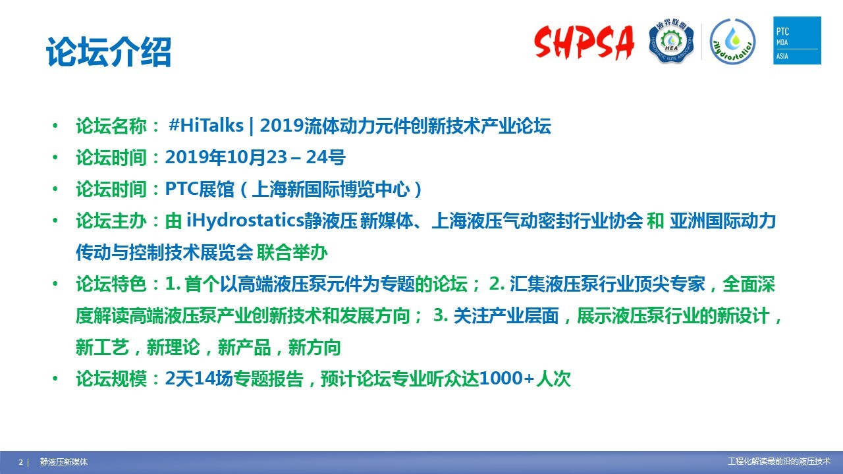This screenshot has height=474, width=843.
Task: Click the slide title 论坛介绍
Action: pyautogui.click(x=109, y=52)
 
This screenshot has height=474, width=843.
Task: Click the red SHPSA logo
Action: pyautogui.click(x=584, y=42)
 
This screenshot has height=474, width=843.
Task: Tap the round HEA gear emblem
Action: pyautogui.click(x=671, y=41)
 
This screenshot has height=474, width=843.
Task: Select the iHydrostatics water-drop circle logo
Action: pyautogui.click(x=732, y=41)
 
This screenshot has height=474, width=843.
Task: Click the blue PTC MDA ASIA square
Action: pyautogui.click(x=797, y=40)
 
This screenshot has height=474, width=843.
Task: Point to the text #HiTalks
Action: pyautogui.click(x=206, y=125)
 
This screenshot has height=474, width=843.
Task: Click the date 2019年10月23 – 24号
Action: pyautogui.click(x=255, y=157)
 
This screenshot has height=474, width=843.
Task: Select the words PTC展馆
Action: pyautogui.click(x=200, y=189)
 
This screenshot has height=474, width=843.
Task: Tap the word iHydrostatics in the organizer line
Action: pyautogui.click(x=245, y=221)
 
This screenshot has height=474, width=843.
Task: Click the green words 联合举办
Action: pyautogui.click(x=292, y=252)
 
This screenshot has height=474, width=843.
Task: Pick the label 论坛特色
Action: pyautogui.click(x=111, y=284)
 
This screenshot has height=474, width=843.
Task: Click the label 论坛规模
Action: pyautogui.click(x=111, y=379)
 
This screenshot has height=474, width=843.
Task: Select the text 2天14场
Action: pyautogui.click(x=199, y=379)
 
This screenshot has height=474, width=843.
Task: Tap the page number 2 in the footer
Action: pyautogui.click(x=21, y=462)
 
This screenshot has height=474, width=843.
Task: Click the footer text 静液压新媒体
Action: pyautogui.click(x=64, y=462)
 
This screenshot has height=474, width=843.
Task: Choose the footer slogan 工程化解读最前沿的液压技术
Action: pyautogui.click(x=779, y=461)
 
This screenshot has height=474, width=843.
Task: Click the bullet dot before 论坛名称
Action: pyautogui.click(x=55, y=126)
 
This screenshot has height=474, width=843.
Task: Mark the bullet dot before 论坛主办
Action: pyautogui.click(x=55, y=221)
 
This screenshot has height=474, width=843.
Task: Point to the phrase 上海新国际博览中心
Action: pyautogui.click(x=331, y=189)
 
